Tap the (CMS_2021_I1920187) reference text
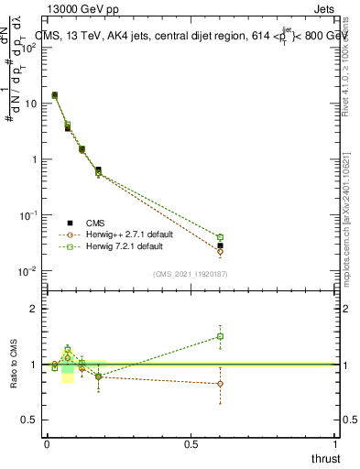coord(190,274)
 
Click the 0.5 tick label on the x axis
coord(191,442)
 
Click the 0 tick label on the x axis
coord(47,442)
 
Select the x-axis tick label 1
coord(335,442)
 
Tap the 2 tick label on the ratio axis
coord(36,309)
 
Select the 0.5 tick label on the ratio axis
coord(31,420)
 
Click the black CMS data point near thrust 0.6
coord(220,245)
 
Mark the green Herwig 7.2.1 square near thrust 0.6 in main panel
coord(220,237)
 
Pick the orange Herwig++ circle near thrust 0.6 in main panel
coord(220,251)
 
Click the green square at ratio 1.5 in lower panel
coord(220,336)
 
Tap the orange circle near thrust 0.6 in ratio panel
coord(220,384)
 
